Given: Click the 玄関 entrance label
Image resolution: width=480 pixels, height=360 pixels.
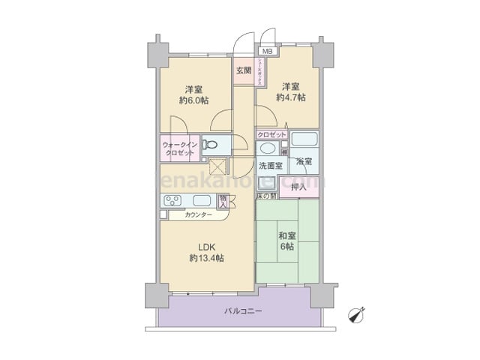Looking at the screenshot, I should coord(243,71).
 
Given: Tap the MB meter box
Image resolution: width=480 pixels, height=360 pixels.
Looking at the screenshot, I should coord(267,51).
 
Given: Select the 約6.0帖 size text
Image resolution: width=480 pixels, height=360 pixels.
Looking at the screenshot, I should coord(193,100).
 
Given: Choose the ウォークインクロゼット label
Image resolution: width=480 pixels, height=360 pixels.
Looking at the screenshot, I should coord(178,148).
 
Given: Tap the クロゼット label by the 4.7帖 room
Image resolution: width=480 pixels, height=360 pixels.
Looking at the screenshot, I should coord(271,134).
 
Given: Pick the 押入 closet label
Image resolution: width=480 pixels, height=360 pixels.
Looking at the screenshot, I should coord(298,187).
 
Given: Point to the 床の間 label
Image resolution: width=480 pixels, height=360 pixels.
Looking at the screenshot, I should coord(266,196).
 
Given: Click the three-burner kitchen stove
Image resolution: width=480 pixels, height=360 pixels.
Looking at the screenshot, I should coord(172,200).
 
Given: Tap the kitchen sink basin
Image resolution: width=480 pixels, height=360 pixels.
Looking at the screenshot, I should coord(202,200).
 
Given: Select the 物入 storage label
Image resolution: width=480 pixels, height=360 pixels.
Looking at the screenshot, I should coord(223,200).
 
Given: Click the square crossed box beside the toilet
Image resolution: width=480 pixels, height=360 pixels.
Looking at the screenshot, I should coord(218,167).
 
